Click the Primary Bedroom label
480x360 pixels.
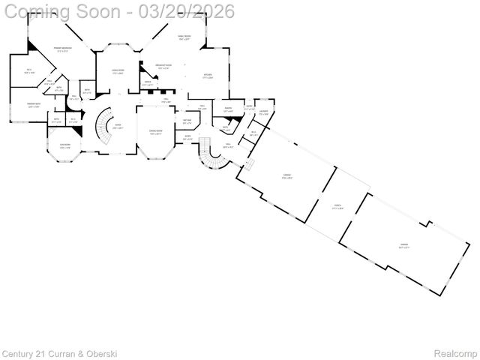click(62, 50)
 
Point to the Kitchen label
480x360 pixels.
click(208, 76)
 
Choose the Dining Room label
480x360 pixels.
click(155, 133)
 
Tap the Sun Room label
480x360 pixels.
click(65, 146)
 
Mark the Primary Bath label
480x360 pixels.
click(32, 105)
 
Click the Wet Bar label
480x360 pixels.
click(187, 121)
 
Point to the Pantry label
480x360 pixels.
click(227, 110)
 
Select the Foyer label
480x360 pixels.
click(118, 126)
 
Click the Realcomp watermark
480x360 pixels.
click(455, 353)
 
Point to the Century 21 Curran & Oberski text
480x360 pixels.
click(59, 353)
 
